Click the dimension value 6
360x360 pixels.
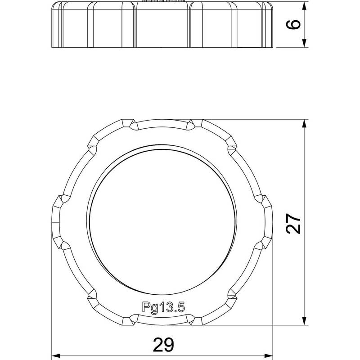tap(293, 25)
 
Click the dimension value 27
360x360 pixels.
tap(293, 224)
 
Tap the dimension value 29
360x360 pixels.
tap(164, 345)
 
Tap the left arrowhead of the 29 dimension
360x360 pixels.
tap(56, 356)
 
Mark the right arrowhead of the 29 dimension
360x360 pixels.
tap(269, 356)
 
